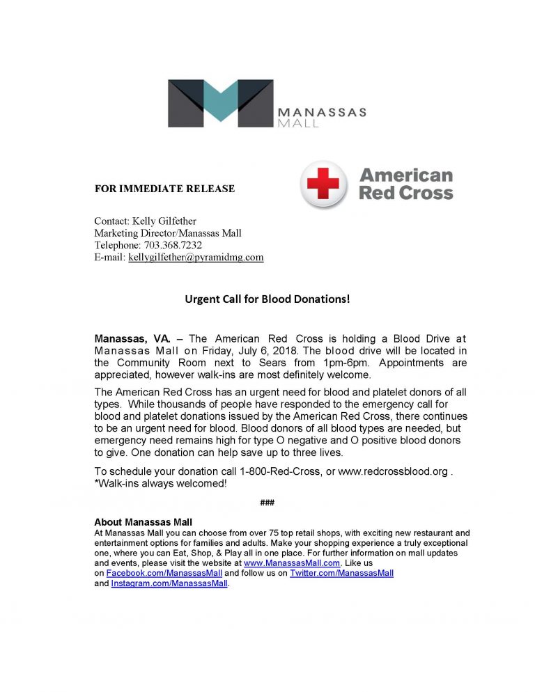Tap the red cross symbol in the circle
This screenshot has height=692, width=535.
(323, 184)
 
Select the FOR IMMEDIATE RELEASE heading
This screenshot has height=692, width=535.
(164, 189)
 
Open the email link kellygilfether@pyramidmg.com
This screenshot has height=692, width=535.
(196, 257)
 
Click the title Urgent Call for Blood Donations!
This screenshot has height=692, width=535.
(267, 300)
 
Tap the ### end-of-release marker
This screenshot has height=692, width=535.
(267, 503)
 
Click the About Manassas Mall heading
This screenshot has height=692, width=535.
(143, 522)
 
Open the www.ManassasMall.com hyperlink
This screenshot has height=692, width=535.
(292, 563)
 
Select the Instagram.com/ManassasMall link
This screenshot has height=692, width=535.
(169, 583)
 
